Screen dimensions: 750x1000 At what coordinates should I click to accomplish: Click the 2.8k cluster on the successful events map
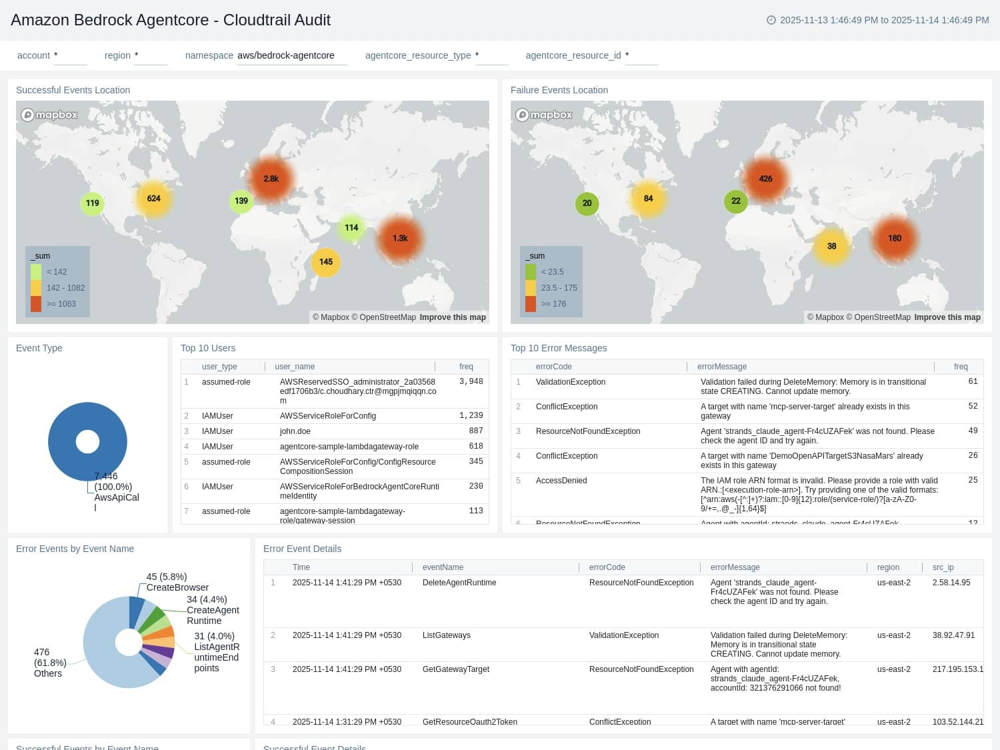(x=271, y=179)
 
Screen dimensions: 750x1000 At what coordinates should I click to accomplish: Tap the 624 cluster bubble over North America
(x=153, y=199)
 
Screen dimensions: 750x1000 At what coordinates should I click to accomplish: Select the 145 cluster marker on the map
(x=325, y=262)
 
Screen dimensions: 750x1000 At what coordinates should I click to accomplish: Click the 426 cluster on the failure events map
(x=765, y=179)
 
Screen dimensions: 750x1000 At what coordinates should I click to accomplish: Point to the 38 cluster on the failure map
(x=831, y=246)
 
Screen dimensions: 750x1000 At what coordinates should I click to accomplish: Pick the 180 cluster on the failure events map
(x=894, y=238)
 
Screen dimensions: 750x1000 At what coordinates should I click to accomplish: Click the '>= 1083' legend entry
(x=61, y=304)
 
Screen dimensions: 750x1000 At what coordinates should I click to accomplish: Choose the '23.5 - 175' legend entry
(x=559, y=288)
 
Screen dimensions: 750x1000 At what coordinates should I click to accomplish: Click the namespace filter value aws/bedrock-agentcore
(x=286, y=55)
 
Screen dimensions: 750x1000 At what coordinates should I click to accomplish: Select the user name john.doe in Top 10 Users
(x=295, y=431)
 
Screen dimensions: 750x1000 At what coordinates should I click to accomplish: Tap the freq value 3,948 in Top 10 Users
(x=471, y=381)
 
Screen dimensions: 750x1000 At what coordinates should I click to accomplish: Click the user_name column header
(x=295, y=367)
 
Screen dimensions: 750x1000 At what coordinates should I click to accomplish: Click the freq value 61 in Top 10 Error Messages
(x=973, y=381)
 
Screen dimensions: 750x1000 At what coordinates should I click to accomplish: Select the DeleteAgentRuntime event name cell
(x=459, y=583)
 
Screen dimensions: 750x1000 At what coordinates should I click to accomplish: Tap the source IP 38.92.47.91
(x=953, y=635)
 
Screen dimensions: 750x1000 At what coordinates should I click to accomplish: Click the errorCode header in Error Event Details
(x=607, y=567)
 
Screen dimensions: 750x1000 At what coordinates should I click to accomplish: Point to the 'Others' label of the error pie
(x=48, y=673)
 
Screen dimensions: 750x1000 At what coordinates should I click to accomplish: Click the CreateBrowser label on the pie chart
(x=177, y=587)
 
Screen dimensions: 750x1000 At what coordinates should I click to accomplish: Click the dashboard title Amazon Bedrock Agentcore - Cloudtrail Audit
(x=171, y=20)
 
